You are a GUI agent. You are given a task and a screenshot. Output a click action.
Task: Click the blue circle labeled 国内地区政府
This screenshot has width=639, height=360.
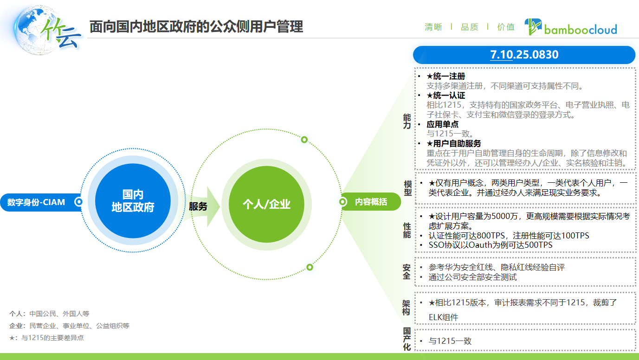(x=133, y=201)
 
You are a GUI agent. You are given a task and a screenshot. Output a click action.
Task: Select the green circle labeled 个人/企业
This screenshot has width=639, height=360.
(x=266, y=204)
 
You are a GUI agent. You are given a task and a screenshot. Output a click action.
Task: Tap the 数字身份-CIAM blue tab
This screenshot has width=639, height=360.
(x=37, y=202)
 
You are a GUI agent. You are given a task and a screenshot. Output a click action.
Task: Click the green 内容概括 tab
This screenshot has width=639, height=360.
(x=371, y=202)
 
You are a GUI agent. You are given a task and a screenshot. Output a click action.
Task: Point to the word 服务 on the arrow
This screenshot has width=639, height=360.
(x=198, y=206)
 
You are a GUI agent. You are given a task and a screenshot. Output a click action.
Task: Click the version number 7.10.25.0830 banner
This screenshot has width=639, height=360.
(x=524, y=55)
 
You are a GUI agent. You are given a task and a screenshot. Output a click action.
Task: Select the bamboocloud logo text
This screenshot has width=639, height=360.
(x=580, y=29)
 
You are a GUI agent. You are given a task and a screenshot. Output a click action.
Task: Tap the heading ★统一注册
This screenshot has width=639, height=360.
(x=446, y=76)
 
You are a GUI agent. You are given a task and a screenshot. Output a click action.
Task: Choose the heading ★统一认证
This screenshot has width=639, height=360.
(x=446, y=96)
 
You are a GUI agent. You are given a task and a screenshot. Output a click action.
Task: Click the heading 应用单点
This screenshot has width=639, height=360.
(x=443, y=124)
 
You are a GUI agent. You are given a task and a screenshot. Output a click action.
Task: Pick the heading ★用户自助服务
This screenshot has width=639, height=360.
(x=454, y=143)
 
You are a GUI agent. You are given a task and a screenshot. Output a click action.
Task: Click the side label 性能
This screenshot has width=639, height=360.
(x=407, y=230)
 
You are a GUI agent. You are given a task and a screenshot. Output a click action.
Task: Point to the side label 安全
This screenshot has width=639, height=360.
(x=407, y=272)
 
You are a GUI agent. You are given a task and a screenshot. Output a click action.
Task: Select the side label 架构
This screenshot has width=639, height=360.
(x=407, y=308)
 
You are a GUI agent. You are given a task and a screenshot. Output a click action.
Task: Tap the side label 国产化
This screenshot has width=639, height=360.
(x=407, y=339)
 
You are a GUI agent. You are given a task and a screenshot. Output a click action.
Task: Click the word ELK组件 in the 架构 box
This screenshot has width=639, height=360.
(x=443, y=318)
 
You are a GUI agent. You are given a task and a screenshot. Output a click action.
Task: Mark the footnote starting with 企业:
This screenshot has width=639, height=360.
(x=69, y=326)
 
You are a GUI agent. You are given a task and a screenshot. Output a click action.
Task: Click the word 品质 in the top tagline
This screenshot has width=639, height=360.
(x=469, y=27)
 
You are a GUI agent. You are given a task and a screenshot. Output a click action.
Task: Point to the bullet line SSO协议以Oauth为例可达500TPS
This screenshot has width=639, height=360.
(x=491, y=245)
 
